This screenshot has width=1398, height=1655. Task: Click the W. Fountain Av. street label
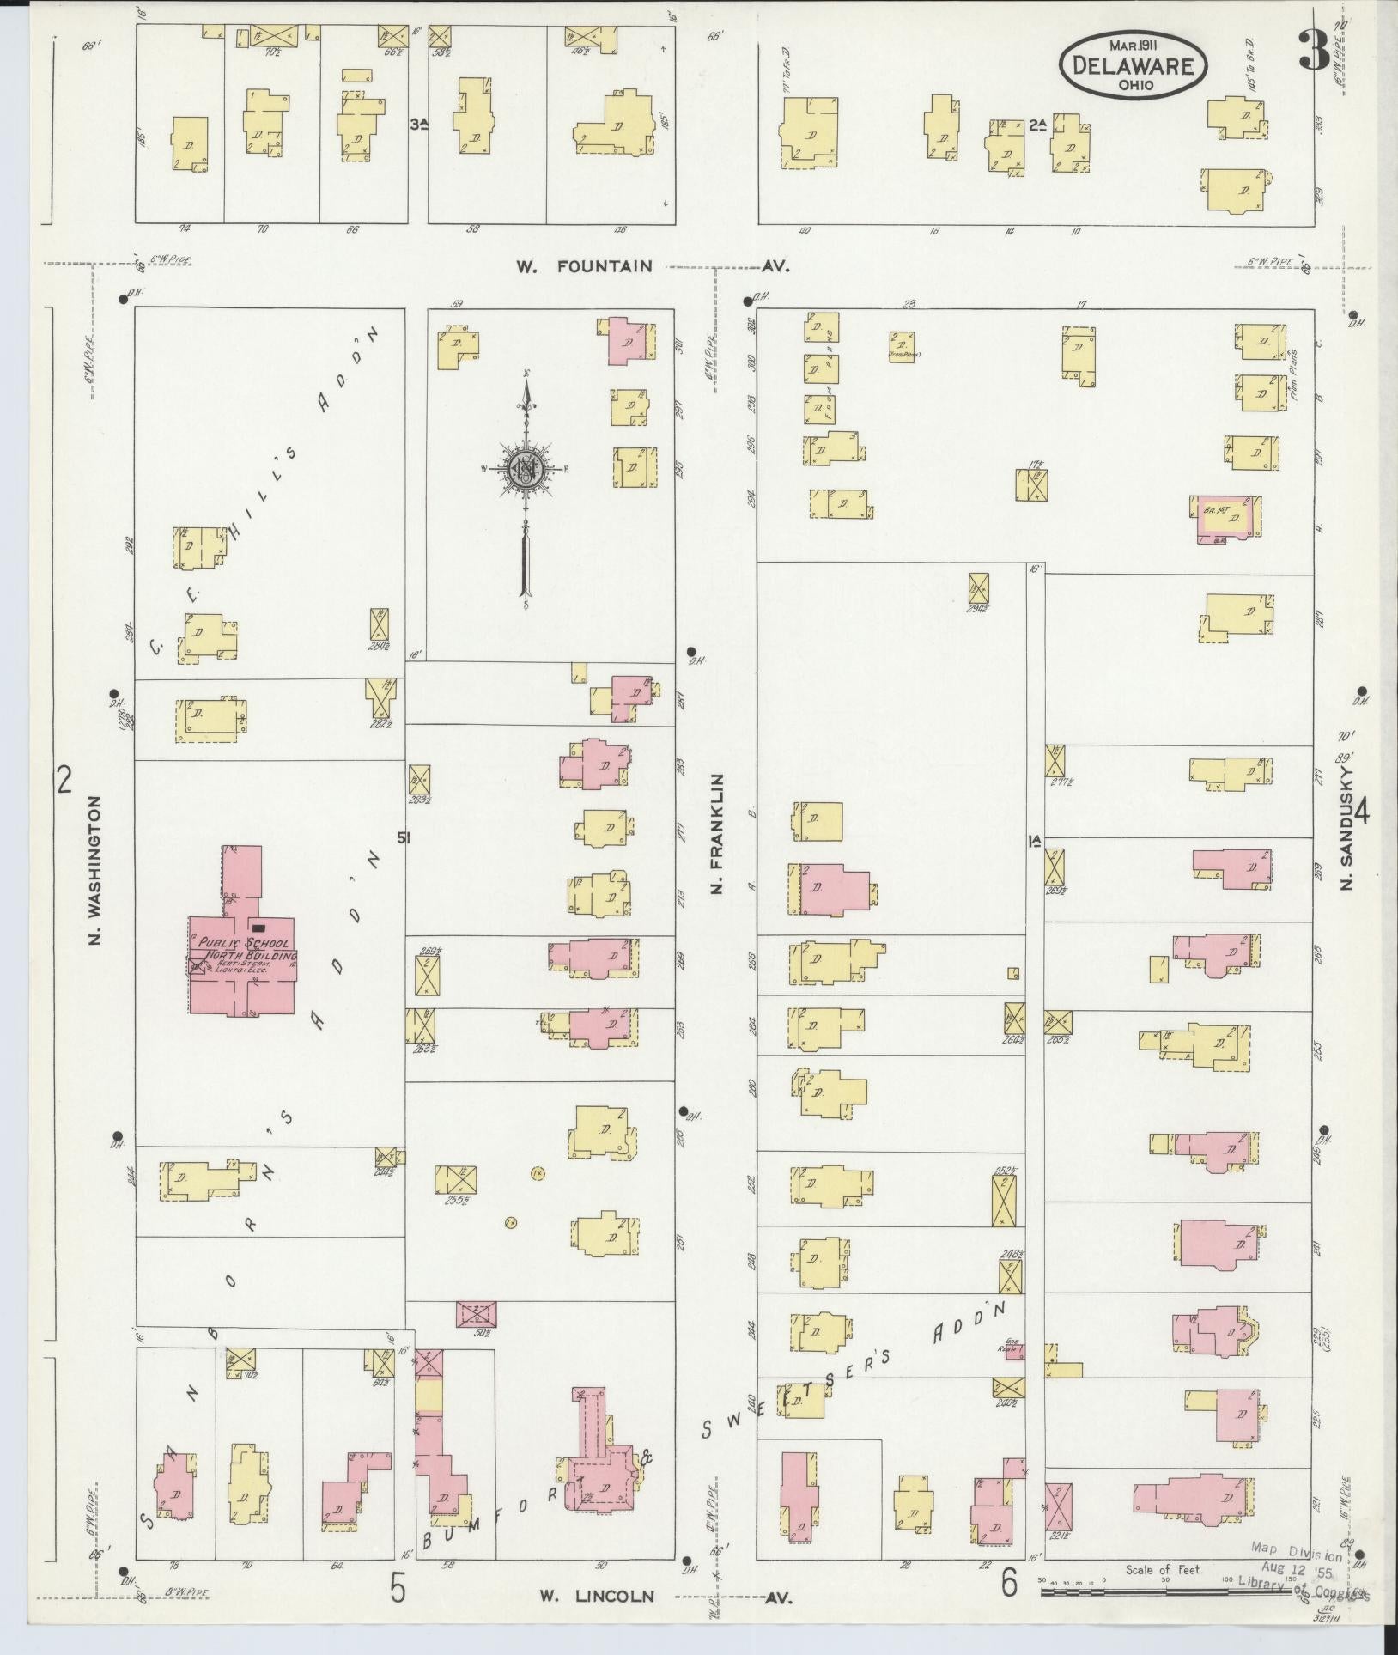pyautogui.click(x=652, y=267)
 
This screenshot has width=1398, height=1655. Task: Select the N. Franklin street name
pyautogui.click(x=717, y=834)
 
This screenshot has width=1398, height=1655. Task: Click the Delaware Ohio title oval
pyautogui.click(x=1133, y=67)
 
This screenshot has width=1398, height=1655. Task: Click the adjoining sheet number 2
pyautogui.click(x=63, y=780)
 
